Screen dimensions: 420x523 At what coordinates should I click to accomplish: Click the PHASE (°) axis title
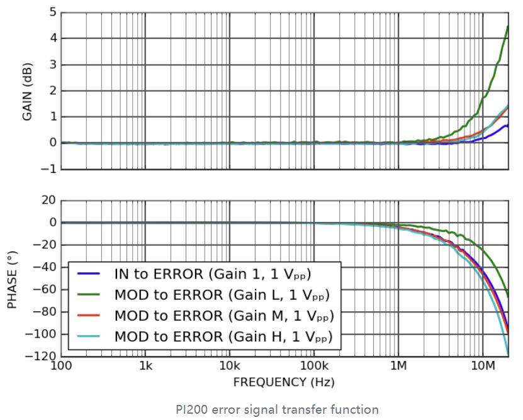coord(12,279)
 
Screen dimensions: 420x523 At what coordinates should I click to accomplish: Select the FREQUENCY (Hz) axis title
coord(284,382)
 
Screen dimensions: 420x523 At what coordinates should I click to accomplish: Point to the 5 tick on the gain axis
coord(52,12)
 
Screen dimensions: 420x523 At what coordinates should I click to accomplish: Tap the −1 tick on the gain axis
coord(49,169)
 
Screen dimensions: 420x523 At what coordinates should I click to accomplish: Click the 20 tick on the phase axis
coord(48,201)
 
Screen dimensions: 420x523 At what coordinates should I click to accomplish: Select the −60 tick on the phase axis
coord(45,289)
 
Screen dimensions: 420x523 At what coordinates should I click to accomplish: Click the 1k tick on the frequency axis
coord(145,367)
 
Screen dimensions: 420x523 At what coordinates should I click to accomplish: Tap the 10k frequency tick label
coord(230,367)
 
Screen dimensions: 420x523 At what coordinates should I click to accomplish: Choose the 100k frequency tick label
coord(314,367)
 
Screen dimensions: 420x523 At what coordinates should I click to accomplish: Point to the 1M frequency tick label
coord(398,367)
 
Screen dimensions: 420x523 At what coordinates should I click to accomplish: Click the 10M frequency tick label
coord(483,367)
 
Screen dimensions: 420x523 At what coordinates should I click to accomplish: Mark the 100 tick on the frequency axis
coord(61,367)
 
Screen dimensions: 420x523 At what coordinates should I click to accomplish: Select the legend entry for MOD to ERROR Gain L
coord(208,295)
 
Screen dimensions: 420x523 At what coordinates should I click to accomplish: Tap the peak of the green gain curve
coord(508,26)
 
